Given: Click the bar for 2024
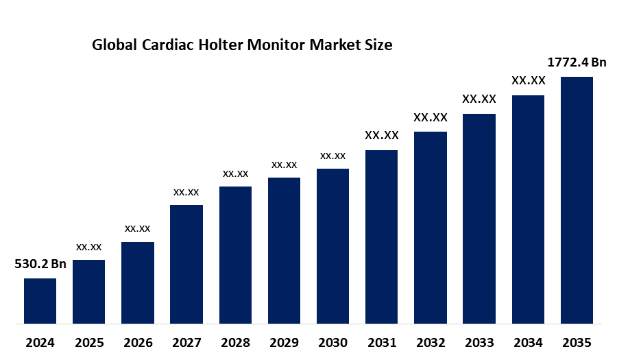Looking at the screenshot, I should point(40,300).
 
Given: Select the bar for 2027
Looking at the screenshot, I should point(186,264).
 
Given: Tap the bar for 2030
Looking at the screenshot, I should point(332,245).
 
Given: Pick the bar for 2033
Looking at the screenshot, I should point(479,218).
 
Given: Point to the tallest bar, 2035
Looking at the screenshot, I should point(577,200).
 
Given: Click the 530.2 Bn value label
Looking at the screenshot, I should point(40,264).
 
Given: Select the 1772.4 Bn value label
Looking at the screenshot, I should point(577,62).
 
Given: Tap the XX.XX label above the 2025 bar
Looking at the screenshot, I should point(89,246).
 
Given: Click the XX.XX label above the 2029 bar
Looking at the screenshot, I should point(284,165).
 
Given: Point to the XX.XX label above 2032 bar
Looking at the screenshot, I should point(431,117).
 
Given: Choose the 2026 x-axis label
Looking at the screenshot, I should point(138,342).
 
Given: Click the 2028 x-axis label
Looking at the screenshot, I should point(235,342).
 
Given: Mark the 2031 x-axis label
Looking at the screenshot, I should point(381,342).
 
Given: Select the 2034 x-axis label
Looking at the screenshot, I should point(528,342).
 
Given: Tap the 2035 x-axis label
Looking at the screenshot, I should point(577,342).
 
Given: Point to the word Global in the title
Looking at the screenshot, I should point(114,46).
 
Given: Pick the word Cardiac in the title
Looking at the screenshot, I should point(167,46).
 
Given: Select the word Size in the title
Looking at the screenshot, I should point(378,46).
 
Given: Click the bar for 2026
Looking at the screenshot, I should point(138,283).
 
